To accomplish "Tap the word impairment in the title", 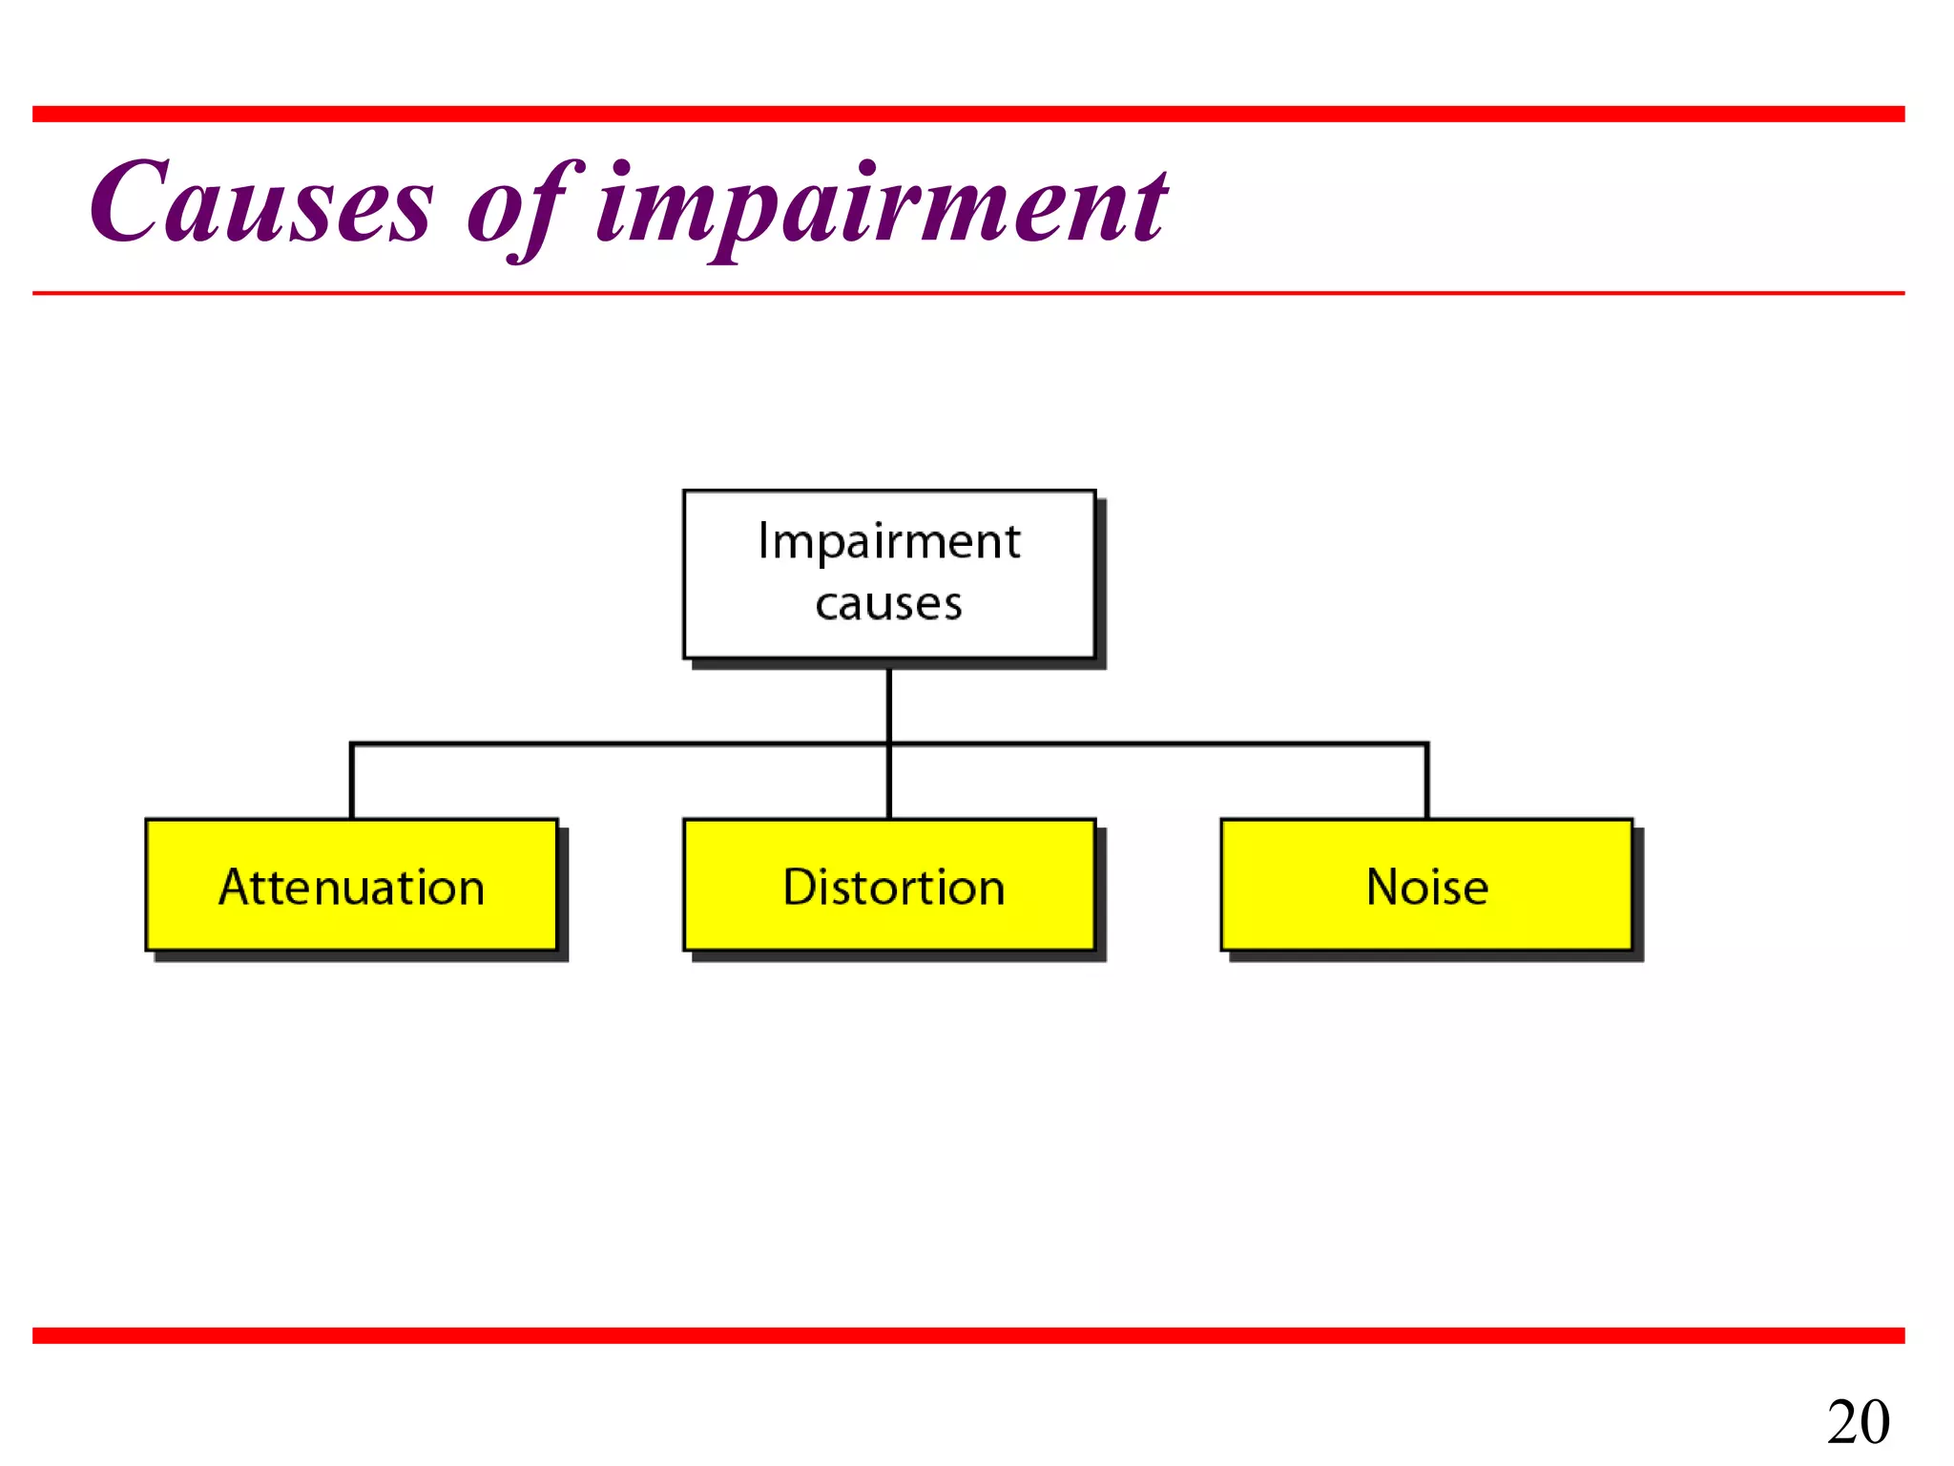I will (880, 205).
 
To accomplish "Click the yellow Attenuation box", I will (351, 885).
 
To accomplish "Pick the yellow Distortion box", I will (889, 885).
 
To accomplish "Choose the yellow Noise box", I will (1426, 885).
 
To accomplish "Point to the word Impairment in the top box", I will (889, 542).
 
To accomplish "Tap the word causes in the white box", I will (889, 604).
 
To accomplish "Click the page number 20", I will (1858, 1422).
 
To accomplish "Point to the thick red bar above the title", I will (968, 115).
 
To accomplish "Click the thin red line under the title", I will (968, 293).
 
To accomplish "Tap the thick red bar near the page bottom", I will (968, 1335).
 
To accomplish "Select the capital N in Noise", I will (1385, 887).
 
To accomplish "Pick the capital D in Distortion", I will (800, 887).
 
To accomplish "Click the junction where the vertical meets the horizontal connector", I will (889, 743).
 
